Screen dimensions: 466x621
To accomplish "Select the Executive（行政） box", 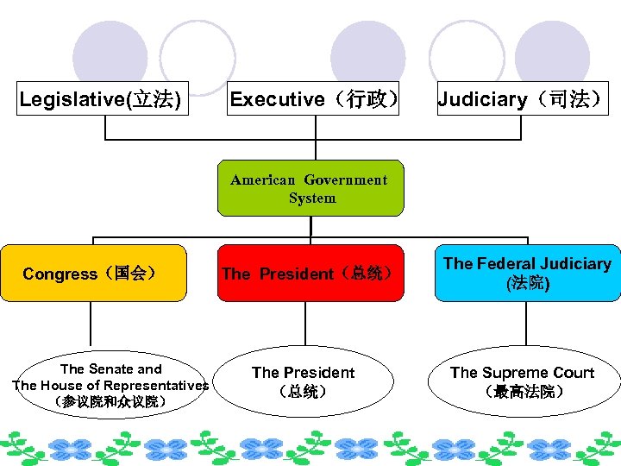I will click(x=314, y=99).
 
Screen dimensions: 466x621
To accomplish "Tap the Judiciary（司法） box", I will click(x=522, y=99).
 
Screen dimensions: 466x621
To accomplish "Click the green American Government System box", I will click(x=310, y=188).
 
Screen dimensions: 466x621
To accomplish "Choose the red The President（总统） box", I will click(x=310, y=274).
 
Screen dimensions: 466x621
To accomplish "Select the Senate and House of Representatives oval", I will click(x=110, y=385).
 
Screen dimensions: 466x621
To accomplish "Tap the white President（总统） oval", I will click(x=304, y=381).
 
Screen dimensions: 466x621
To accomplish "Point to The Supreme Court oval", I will click(x=523, y=381).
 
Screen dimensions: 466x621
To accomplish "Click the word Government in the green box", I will click(x=345, y=179).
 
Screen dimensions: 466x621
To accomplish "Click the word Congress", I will click(x=60, y=274).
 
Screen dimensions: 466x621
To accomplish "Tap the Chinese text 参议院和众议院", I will click(x=110, y=402).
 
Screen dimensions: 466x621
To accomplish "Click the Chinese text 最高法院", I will click(x=524, y=392).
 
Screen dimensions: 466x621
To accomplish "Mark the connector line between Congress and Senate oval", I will click(x=91, y=323).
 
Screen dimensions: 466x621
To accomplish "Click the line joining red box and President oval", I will click(x=304, y=323).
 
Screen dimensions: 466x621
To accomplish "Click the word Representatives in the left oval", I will click(x=154, y=386).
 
